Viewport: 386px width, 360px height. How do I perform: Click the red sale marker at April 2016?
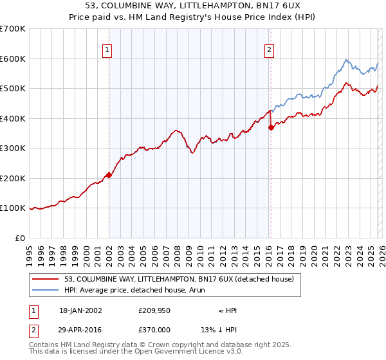(x=271, y=127)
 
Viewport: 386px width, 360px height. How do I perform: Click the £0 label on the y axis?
(x=20, y=238)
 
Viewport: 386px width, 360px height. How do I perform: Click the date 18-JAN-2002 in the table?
(x=80, y=310)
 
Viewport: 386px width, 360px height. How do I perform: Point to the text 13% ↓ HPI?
(x=219, y=328)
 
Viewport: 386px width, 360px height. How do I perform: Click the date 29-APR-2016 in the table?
(x=80, y=328)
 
